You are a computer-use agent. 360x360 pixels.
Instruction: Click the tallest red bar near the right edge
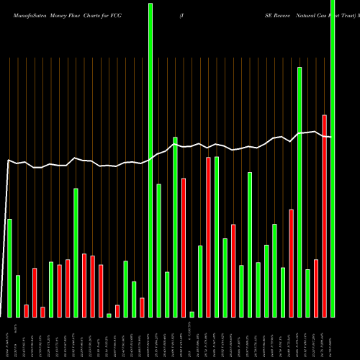coord(325,216)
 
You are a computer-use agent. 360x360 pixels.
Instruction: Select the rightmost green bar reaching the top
coord(333,158)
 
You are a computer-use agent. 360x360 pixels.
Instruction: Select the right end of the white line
coord(330,137)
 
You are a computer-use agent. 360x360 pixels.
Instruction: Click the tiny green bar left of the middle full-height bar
coord(109,315)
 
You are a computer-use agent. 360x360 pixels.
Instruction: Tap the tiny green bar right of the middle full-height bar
coord(192,314)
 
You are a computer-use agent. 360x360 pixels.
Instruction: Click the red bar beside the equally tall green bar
coord(209,237)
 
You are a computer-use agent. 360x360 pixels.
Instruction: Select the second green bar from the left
coord(18,296)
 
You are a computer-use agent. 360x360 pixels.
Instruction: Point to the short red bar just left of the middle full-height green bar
coord(142,307)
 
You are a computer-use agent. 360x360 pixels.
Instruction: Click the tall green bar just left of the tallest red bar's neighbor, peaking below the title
coord(300,192)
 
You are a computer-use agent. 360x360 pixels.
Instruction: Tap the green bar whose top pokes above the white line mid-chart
coord(175,227)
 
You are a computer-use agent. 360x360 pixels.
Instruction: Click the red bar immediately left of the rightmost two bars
coord(316,288)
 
